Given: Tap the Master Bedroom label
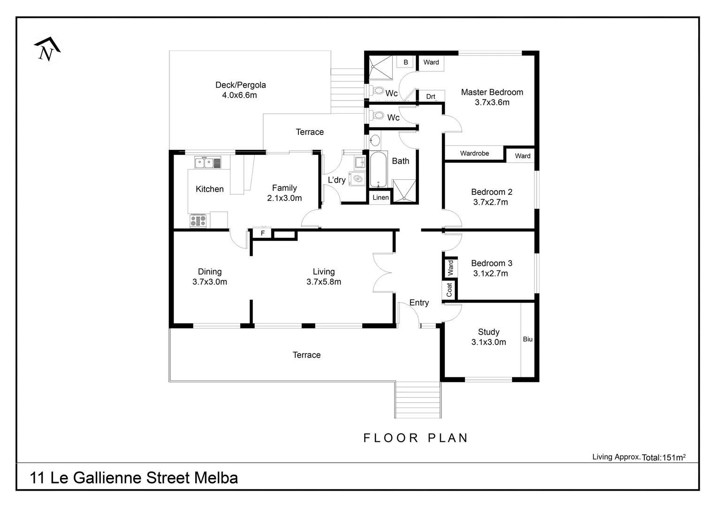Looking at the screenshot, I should (491, 92).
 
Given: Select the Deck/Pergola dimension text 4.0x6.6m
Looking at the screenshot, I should (239, 95).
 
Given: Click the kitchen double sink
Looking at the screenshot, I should (205, 163).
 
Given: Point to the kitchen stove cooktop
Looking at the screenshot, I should (198, 220).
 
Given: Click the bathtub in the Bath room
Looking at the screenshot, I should (378, 169).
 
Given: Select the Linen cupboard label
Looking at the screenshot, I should (380, 198).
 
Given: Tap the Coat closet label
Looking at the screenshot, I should (449, 290).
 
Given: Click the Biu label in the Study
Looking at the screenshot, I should (527, 339).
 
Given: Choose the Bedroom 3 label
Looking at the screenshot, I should (491, 263).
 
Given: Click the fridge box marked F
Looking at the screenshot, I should (262, 233).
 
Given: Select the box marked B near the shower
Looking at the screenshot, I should (405, 62).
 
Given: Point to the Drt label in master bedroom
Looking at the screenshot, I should (430, 97).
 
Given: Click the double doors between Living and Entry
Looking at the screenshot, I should (382, 273).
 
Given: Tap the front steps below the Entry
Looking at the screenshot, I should (418, 399).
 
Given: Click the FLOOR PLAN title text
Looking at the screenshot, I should (416, 438).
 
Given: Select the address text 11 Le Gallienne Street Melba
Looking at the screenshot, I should (134, 478).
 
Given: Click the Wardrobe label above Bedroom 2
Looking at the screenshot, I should (474, 154).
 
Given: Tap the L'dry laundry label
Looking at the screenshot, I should (336, 180).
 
